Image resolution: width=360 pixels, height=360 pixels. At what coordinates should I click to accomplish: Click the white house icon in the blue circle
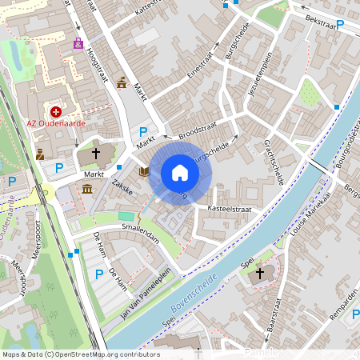tap(180, 172)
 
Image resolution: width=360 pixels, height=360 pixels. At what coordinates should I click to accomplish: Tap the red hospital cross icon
tap(56, 113)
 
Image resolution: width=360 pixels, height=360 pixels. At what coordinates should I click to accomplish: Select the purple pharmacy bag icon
tap(78, 44)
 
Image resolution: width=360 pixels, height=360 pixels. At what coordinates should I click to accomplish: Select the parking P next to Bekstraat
tap(340, 26)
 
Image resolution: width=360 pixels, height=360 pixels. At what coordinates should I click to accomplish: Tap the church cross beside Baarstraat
tap(258, 275)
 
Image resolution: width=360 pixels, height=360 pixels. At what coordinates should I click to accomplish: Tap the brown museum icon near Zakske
tap(86, 189)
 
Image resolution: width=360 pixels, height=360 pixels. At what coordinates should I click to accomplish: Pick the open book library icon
tap(144, 170)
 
